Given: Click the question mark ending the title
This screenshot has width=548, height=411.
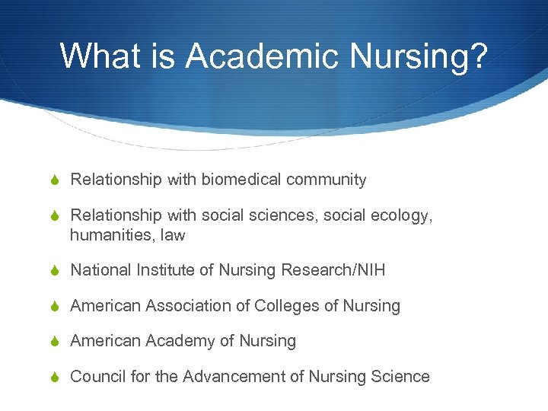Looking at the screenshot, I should [x=477, y=56].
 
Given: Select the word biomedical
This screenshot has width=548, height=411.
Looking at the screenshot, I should [x=241, y=180].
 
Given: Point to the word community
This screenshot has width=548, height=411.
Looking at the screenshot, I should [x=327, y=180].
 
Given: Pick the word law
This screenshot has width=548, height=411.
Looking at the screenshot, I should [x=172, y=235].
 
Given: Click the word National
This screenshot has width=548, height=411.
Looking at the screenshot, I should [x=101, y=270].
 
